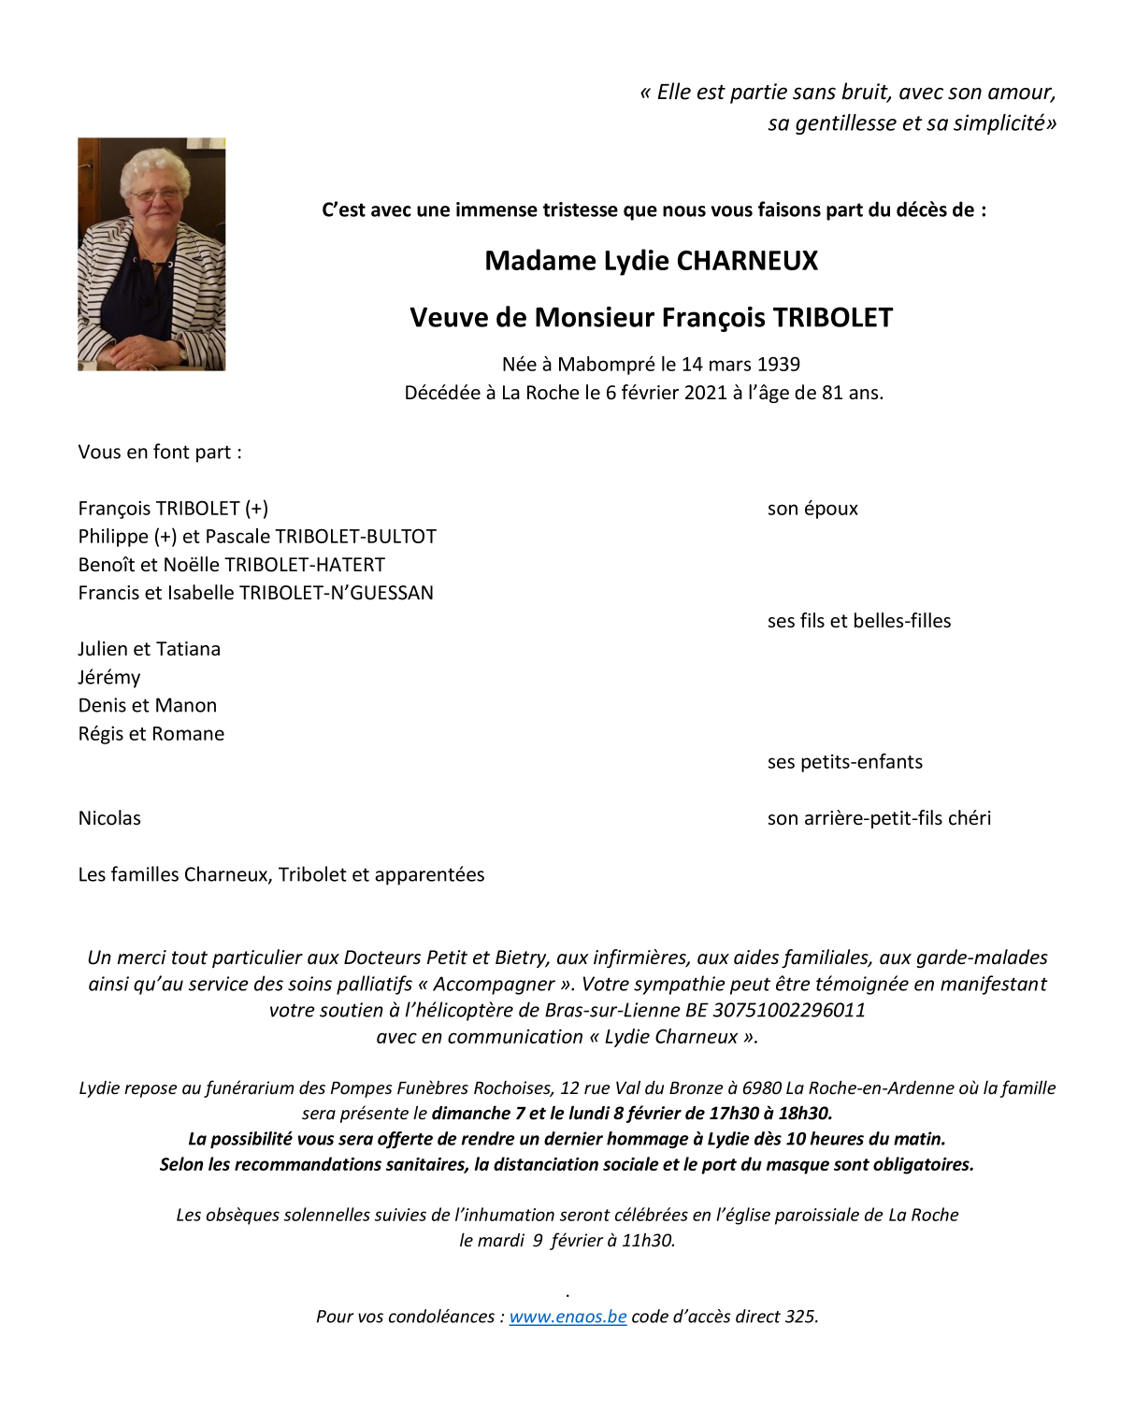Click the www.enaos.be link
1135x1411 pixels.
(x=567, y=1317)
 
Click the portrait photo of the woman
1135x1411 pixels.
(x=151, y=254)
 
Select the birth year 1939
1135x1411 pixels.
(x=778, y=365)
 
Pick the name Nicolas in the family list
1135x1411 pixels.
(x=109, y=818)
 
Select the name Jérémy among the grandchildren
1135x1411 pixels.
(x=109, y=678)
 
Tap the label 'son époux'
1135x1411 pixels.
(x=812, y=509)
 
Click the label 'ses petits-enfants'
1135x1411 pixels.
(x=844, y=762)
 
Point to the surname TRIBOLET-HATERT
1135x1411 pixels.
(x=305, y=565)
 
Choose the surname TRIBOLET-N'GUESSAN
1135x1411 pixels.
(x=337, y=593)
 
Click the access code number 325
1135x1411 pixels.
(x=800, y=1317)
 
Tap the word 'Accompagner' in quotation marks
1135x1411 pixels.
(x=494, y=985)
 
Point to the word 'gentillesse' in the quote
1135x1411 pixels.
(x=845, y=123)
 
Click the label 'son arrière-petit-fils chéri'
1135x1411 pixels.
(x=879, y=818)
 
